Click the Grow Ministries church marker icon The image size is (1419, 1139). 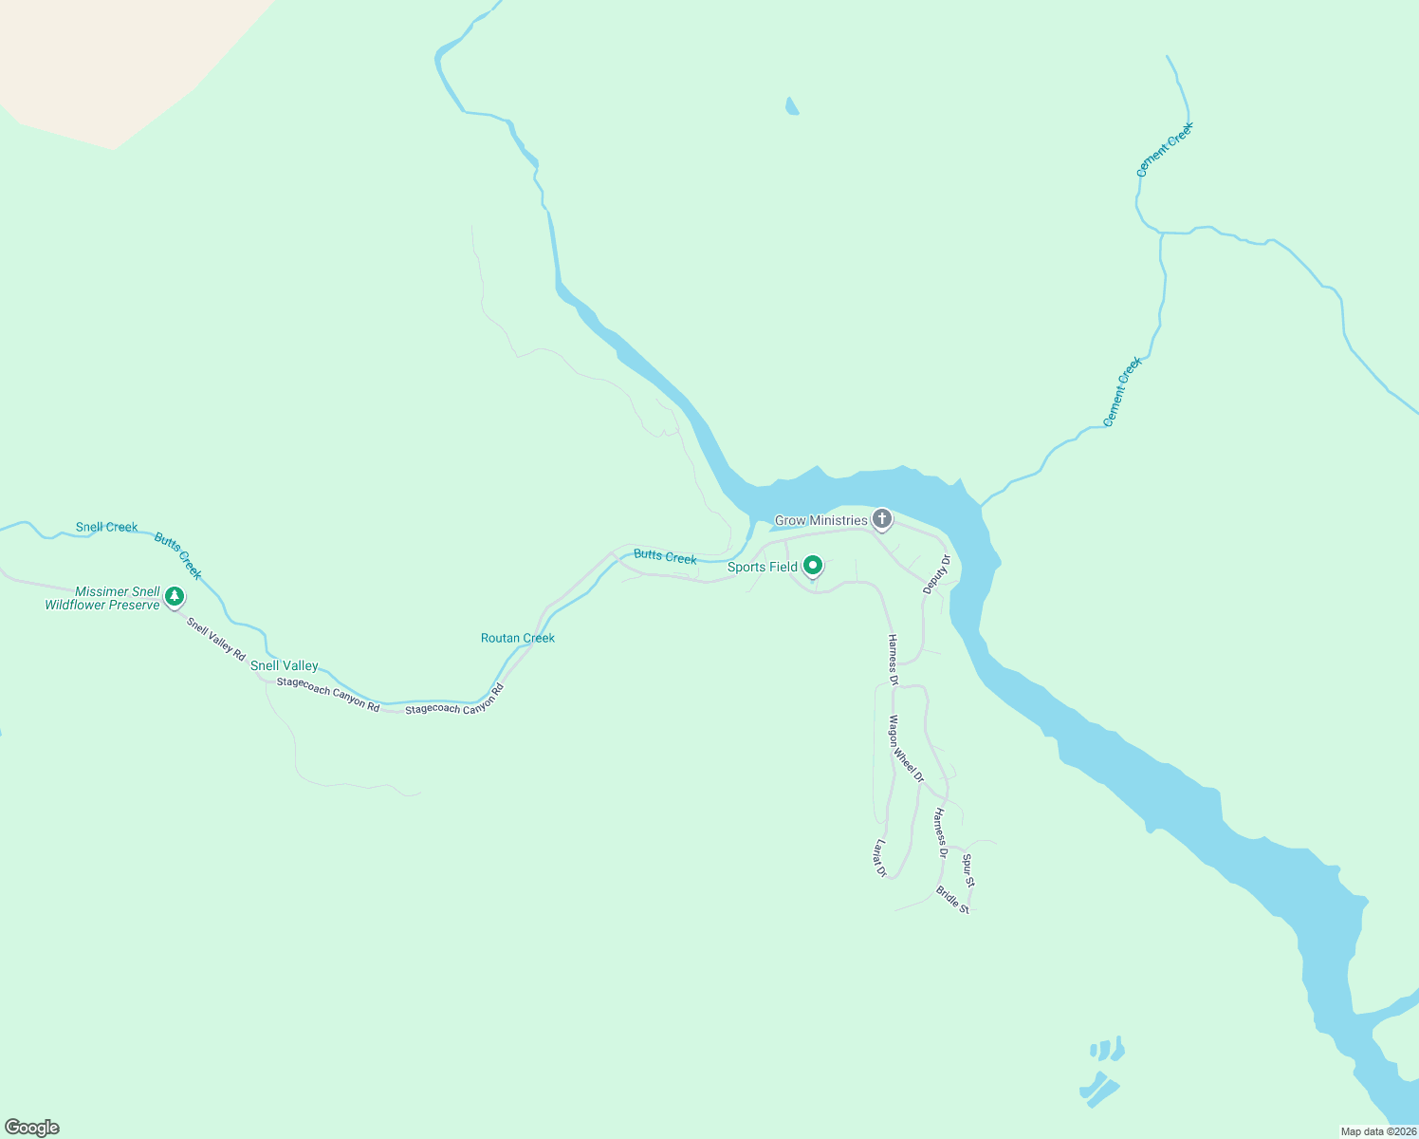(x=882, y=519)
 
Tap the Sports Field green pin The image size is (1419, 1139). (x=813, y=566)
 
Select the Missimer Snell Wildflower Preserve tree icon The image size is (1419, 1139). (x=174, y=596)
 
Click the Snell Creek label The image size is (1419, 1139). (x=107, y=527)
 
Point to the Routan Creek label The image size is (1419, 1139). (x=518, y=638)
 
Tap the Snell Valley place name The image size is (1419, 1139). (x=285, y=665)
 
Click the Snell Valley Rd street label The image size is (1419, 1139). (x=216, y=640)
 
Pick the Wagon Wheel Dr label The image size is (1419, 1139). (x=906, y=749)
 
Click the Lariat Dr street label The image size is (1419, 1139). (x=880, y=859)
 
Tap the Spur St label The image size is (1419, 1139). (x=968, y=870)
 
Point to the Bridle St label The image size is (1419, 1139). (x=952, y=900)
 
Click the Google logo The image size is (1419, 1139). (x=32, y=1128)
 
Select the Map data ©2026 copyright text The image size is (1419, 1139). (x=1377, y=1131)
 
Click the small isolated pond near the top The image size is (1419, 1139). (x=792, y=106)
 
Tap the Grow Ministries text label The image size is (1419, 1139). (x=821, y=520)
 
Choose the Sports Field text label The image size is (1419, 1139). (x=763, y=567)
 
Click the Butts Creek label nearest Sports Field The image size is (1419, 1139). (x=665, y=556)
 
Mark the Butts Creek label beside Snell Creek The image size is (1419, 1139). (x=178, y=556)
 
